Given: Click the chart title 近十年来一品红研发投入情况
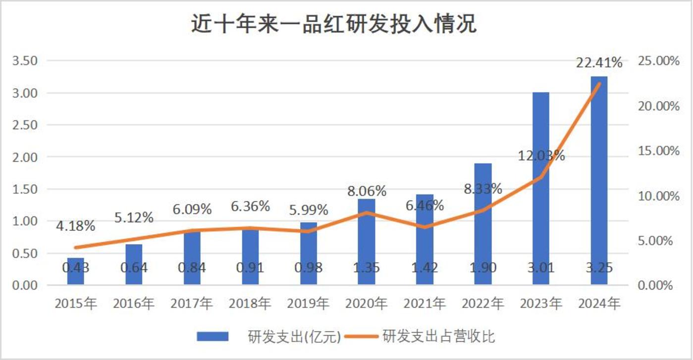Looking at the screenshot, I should pos(334,24).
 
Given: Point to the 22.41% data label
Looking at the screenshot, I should pos(599,63).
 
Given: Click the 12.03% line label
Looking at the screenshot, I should pos(541,156).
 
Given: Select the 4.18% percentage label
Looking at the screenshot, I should pos(75,227).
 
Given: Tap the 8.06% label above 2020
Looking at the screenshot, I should pos(367,191).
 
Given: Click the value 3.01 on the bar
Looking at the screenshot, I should pos(541,268).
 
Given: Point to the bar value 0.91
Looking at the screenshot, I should pos(250,268).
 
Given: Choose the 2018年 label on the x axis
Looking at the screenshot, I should pos(250,303).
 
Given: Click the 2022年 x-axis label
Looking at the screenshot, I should pos(483,303).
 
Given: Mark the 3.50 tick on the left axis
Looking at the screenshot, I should pos(27,61).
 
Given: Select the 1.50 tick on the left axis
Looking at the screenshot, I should pos(27,189).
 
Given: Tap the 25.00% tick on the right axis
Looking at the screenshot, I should pos(658,61).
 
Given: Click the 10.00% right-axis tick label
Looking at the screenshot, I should pos(658,196).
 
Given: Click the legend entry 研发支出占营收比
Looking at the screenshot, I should pos(438,337).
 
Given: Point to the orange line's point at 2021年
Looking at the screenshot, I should pos(425,227).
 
